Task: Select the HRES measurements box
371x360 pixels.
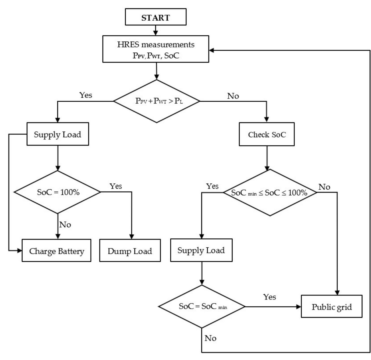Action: (156, 49)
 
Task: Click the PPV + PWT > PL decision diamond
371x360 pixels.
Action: (157, 101)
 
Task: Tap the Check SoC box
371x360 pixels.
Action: (267, 134)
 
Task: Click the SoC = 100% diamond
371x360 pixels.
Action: (58, 192)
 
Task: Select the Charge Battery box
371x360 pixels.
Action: (57, 250)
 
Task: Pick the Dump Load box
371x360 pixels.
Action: (130, 250)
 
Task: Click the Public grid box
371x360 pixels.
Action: (331, 307)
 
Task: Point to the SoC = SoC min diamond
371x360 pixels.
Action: (201, 307)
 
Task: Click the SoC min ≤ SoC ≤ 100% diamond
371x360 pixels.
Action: (270, 193)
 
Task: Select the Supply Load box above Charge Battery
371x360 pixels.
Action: (58, 134)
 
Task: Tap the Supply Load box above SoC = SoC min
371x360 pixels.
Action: (201, 250)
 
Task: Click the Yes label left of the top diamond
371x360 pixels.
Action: (85, 95)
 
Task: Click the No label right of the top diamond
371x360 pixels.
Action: (233, 96)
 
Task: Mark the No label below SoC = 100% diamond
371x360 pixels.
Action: (65, 225)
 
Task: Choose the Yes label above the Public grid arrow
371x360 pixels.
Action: (269, 297)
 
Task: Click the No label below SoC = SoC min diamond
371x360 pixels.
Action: (210, 338)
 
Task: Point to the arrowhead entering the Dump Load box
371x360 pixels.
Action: (132, 237)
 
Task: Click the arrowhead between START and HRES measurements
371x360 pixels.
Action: (155, 33)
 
